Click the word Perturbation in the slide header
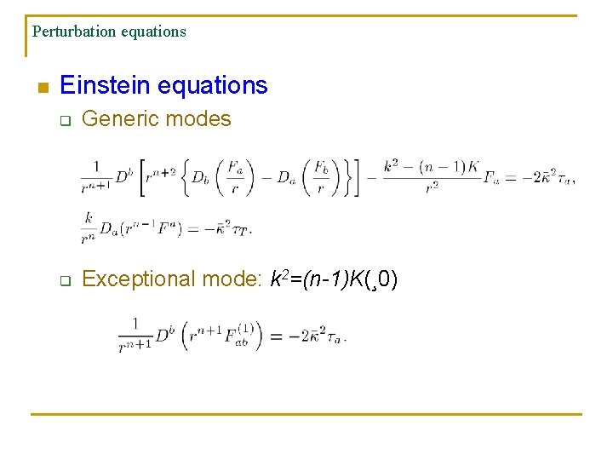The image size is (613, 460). [x=72, y=32]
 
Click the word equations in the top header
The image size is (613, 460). [x=153, y=32]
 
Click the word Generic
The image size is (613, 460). [x=117, y=119]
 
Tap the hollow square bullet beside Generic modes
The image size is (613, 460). [x=64, y=120]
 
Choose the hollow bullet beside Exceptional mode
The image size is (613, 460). [x=64, y=280]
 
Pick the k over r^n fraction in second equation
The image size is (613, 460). [x=89, y=226]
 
